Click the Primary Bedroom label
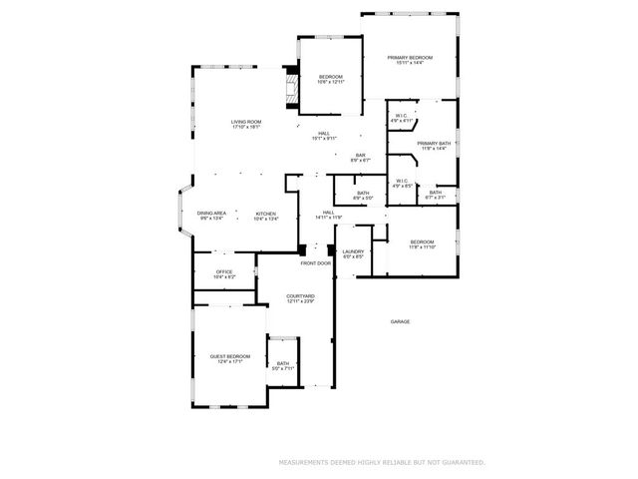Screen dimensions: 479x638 coord(411,59)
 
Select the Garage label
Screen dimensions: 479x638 coord(400,321)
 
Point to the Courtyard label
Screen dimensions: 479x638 coord(300,296)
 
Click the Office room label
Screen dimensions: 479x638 coord(224,271)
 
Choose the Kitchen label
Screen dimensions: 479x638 coord(265,214)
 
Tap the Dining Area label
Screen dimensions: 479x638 coord(211,214)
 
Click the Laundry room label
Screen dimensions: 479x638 coord(353,252)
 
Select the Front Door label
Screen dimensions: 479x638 coord(316,263)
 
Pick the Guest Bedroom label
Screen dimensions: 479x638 coord(229,356)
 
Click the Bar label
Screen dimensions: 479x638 coord(361,155)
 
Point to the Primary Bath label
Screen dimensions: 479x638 coord(434,144)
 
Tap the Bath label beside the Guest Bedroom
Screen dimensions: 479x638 coord(283,364)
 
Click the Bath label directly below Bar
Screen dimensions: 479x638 coord(363,194)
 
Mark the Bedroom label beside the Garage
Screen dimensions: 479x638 coord(422,242)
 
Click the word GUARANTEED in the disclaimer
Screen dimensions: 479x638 coord(464,463)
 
